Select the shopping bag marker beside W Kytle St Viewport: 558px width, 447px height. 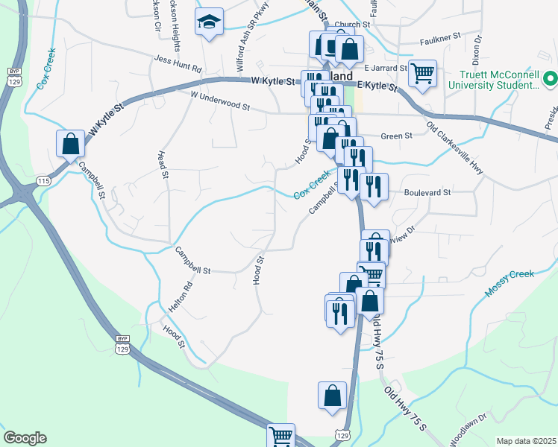pos(70,144)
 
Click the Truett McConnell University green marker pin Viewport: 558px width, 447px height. pos(551,78)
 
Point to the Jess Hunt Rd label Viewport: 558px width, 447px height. pos(178,63)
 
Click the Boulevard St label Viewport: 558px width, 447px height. pos(427,191)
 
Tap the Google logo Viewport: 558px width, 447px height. pos(25,438)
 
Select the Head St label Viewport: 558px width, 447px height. pos(162,164)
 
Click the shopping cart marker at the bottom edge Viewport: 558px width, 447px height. pos(281,436)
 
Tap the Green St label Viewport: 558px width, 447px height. pos(396,136)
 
